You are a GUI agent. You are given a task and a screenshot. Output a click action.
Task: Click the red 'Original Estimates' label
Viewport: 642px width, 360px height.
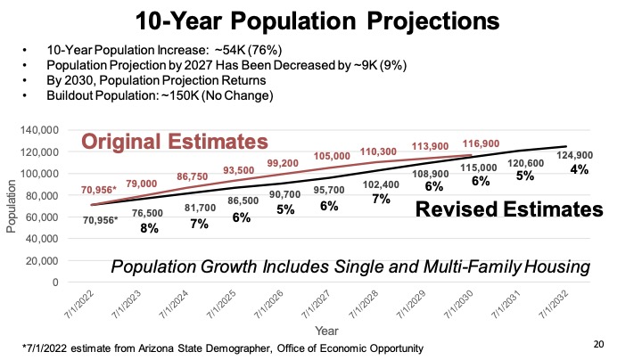tap(175, 142)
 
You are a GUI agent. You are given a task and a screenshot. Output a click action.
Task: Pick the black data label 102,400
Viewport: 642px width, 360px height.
tap(381, 184)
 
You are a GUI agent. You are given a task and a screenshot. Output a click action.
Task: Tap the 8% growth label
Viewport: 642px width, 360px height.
tap(149, 228)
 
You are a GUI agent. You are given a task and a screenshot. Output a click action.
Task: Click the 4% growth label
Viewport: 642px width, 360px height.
tap(580, 168)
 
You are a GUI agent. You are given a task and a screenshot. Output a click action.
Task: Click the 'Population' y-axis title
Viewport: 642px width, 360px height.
tap(12, 207)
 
